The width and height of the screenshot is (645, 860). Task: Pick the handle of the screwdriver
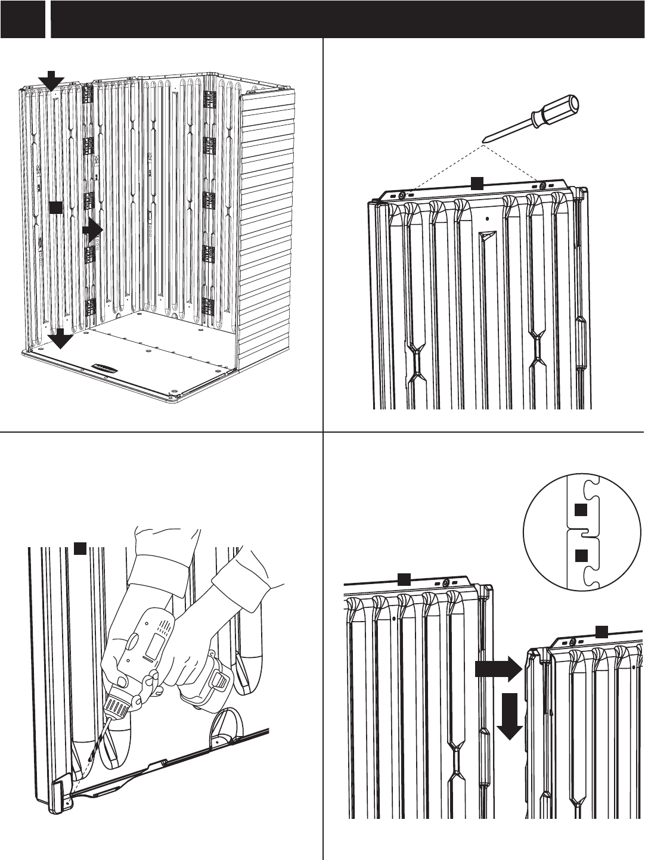[557, 111]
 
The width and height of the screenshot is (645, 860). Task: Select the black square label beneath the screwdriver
[476, 183]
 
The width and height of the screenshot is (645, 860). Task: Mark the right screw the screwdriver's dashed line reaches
[542, 186]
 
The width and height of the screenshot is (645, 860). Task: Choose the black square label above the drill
[80, 549]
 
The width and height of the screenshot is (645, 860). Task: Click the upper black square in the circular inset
[581, 510]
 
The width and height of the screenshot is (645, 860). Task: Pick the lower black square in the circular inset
[581, 555]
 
